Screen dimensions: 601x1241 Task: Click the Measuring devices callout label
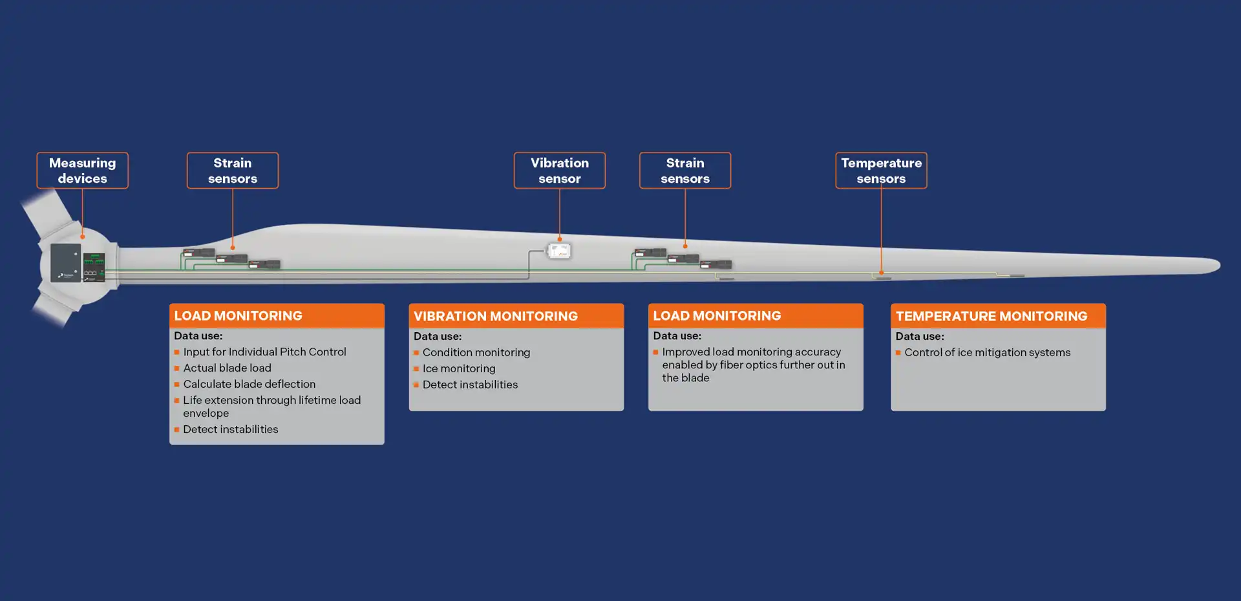pyautogui.click(x=82, y=171)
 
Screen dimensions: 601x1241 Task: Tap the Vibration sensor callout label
pyautogui.click(x=559, y=171)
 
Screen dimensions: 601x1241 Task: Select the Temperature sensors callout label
pyautogui.click(x=881, y=171)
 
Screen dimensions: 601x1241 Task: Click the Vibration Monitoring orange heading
pyautogui.click(x=496, y=316)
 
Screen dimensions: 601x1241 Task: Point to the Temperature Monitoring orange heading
pyautogui.click(x=992, y=316)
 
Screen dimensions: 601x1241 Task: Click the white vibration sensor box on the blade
pyautogui.click(x=559, y=250)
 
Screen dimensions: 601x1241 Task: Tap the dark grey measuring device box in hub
pyautogui.click(x=66, y=262)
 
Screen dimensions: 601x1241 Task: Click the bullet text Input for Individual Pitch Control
pyautogui.click(x=264, y=352)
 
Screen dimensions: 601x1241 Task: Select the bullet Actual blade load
pyautogui.click(x=227, y=368)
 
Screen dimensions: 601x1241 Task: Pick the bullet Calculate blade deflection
pyautogui.click(x=249, y=384)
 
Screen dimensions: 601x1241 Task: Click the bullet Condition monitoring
pyautogui.click(x=476, y=352)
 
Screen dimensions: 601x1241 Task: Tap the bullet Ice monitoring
pyautogui.click(x=459, y=368)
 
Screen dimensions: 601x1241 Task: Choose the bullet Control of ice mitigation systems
pyautogui.click(x=987, y=352)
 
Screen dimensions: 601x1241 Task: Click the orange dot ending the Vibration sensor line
pyautogui.click(x=560, y=239)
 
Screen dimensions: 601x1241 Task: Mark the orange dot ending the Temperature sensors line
pyautogui.click(x=881, y=273)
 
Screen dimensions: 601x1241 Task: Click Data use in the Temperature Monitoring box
pyautogui.click(x=919, y=336)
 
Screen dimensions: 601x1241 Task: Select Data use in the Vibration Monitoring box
pyautogui.click(x=438, y=336)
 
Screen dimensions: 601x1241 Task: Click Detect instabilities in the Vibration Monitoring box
pyautogui.click(x=470, y=385)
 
